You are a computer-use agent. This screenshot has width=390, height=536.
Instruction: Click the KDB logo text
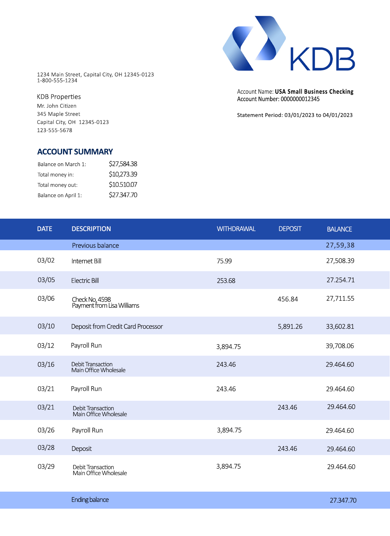tap(322, 59)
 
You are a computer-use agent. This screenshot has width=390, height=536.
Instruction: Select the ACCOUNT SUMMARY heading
tap(75, 152)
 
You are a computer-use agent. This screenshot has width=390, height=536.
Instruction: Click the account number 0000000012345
tap(300, 99)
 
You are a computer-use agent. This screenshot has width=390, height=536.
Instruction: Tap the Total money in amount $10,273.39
tap(123, 174)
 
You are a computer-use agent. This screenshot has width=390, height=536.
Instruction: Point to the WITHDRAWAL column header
tap(236, 229)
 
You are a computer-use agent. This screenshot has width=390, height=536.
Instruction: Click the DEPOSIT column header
tap(290, 229)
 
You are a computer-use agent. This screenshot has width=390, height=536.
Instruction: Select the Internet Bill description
tap(86, 261)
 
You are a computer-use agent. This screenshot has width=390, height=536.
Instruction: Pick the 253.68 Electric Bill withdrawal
tap(226, 281)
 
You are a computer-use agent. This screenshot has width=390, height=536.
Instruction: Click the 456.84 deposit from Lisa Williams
tap(288, 299)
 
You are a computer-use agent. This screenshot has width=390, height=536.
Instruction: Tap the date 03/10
tap(46, 326)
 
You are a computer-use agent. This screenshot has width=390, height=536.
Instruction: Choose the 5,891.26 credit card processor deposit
tap(290, 327)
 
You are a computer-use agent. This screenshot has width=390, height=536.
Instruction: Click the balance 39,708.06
tap(340, 346)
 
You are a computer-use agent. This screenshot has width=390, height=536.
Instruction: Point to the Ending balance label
tap(90, 500)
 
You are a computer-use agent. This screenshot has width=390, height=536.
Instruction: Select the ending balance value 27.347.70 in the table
tap(343, 501)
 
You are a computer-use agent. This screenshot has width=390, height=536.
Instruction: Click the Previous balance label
tap(95, 246)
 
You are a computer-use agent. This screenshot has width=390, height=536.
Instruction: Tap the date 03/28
tap(46, 448)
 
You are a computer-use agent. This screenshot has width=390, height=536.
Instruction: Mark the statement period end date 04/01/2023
tap(338, 115)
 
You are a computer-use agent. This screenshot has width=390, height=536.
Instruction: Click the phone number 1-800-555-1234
tap(57, 81)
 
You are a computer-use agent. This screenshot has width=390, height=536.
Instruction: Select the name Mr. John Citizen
tap(57, 106)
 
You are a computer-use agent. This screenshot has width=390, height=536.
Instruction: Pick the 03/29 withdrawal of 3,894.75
tap(228, 466)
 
